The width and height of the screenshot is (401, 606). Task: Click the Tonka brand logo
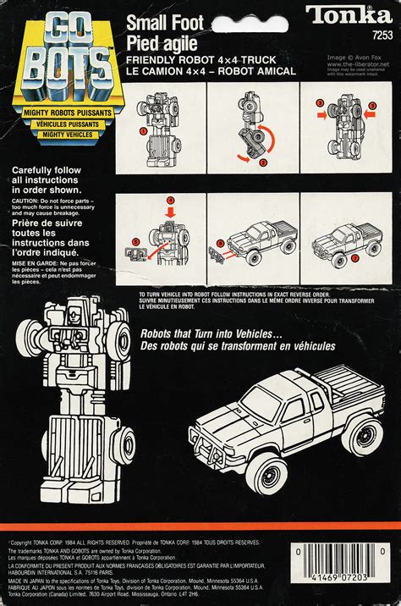point(349,14)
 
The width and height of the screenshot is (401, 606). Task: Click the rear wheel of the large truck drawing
point(365,435)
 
